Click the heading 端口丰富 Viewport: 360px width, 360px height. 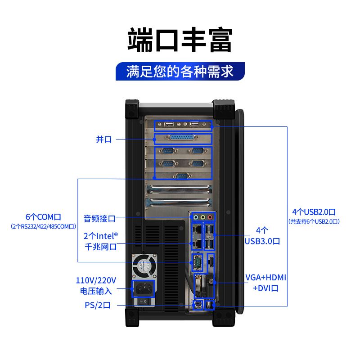point(180,40)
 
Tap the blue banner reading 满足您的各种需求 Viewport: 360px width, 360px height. point(180,72)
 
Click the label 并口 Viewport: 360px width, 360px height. point(103,139)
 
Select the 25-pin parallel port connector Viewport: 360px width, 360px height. point(182,139)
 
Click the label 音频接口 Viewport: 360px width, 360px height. point(99,219)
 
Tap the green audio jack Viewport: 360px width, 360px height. point(203,217)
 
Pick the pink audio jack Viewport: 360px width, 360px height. point(211,217)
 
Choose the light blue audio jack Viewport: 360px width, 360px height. point(196,217)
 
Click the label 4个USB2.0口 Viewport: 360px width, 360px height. point(314,211)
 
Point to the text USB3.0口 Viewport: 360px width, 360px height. point(262,241)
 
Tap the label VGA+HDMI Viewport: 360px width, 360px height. point(265,277)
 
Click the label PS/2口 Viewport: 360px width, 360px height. point(97,306)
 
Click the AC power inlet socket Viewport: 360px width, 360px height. point(144,288)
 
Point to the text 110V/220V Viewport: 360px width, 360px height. point(96,280)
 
